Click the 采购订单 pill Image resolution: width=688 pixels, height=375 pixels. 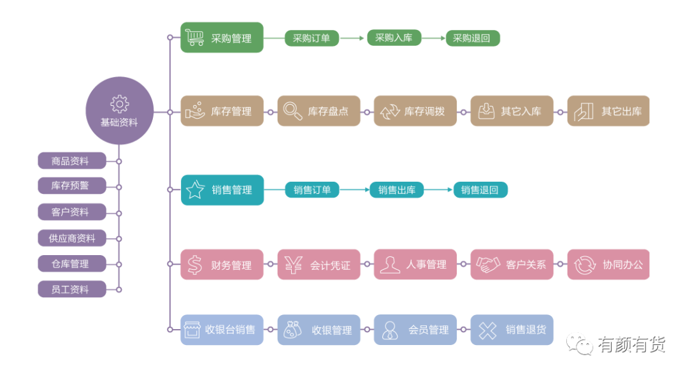coord(312,38)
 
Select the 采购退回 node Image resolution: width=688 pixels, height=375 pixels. coord(473,38)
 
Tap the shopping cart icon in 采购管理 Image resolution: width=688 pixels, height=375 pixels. coord(195,38)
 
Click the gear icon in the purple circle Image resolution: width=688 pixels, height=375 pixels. coord(119,104)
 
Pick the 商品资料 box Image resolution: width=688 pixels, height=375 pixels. coord(72,161)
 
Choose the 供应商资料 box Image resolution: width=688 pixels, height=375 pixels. coord(72,238)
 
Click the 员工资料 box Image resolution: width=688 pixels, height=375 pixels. coord(72,289)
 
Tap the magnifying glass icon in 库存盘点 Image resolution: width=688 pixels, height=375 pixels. coord(292,111)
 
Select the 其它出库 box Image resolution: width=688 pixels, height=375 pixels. coord(608,111)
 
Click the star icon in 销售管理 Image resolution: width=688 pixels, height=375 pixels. coord(196,189)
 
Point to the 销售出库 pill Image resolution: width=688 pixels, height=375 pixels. coord(397,189)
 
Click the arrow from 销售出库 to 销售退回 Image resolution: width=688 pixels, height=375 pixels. coord(438,189)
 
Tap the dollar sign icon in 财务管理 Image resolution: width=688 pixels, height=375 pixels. coord(194,265)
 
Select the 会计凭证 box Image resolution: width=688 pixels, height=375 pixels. coord(319,264)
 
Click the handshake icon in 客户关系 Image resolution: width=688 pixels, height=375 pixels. coord(488,264)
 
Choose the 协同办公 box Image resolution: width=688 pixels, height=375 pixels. coord(608,264)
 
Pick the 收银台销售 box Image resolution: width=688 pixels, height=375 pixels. coord(222,330)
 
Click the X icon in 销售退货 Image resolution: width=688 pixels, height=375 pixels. coord(487,330)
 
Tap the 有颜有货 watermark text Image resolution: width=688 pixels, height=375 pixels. coord(631,344)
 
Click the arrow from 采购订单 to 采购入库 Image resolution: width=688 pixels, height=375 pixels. coord(352,38)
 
